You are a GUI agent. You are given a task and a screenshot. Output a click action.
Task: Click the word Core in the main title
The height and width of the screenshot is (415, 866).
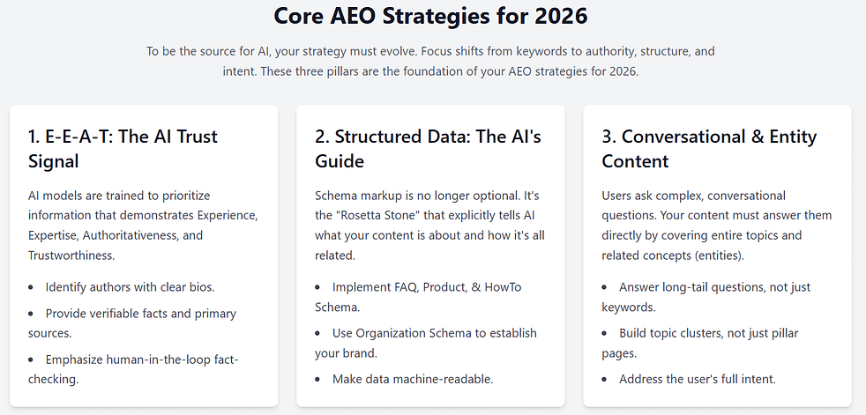point(302,17)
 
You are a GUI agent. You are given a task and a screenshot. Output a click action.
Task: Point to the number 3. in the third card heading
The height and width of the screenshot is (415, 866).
point(609,137)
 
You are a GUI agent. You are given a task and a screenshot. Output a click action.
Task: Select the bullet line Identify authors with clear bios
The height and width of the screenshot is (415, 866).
point(131,287)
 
